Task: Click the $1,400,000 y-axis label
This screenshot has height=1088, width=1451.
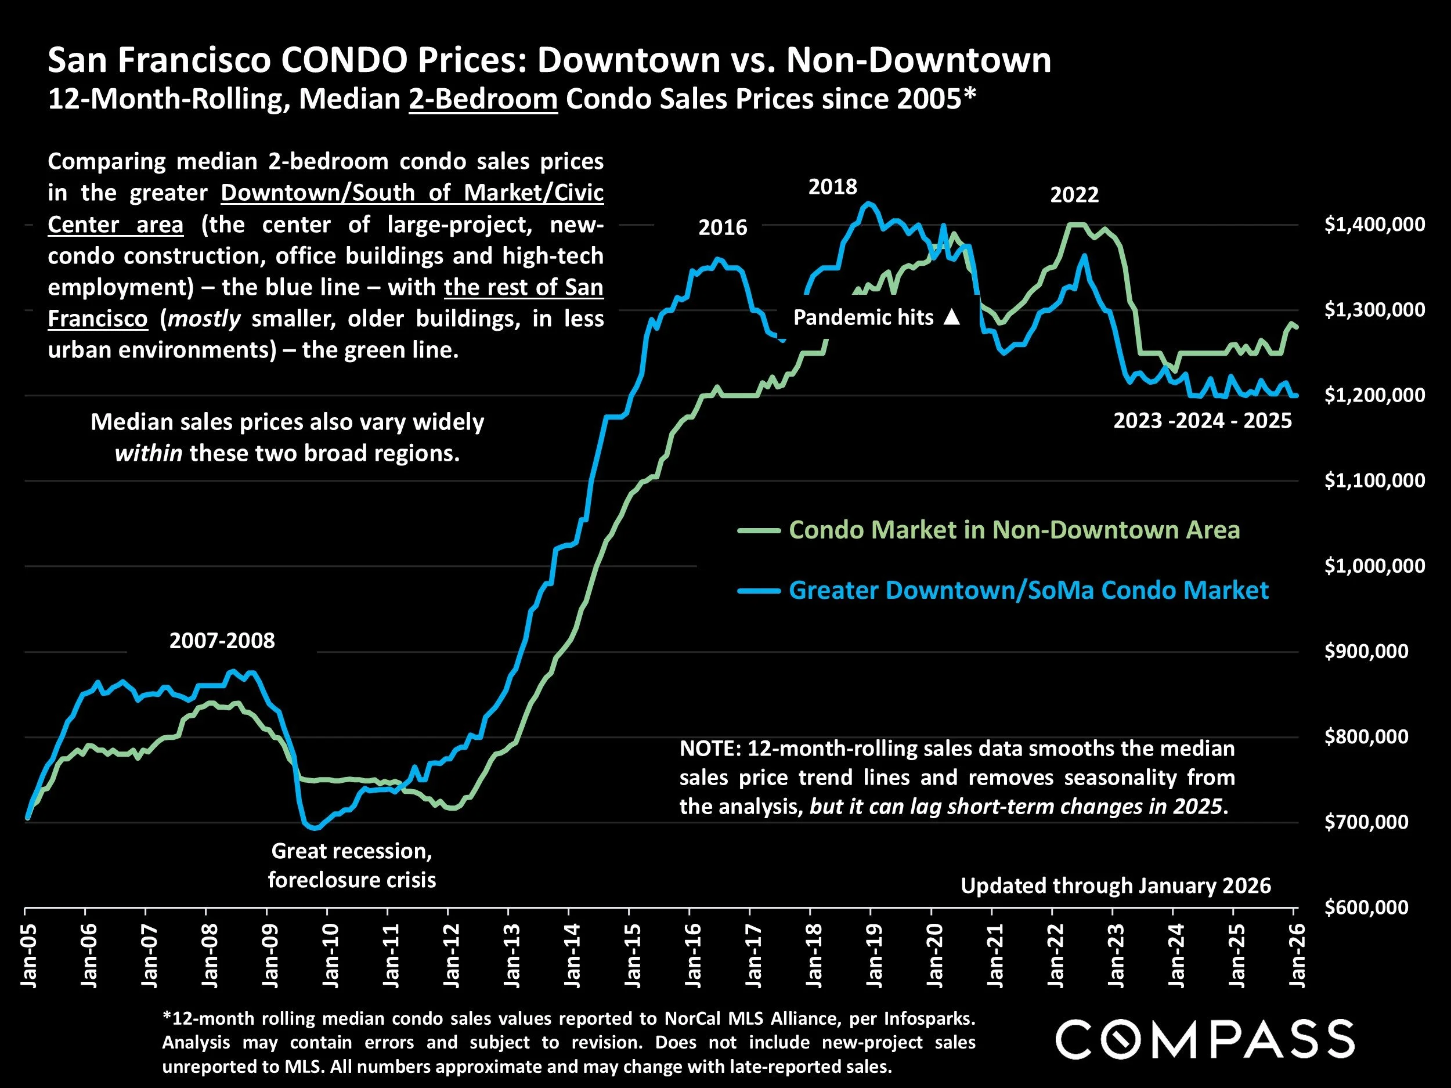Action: pyautogui.click(x=1374, y=225)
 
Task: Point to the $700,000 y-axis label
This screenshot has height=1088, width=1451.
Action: pyautogui.click(x=1366, y=822)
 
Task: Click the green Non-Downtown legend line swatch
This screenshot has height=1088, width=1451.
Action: pyautogui.click(x=759, y=530)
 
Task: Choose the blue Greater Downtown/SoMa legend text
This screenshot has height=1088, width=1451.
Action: pyautogui.click(x=1028, y=590)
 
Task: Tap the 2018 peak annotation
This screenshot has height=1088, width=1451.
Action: pyautogui.click(x=832, y=187)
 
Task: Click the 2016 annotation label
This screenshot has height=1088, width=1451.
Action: pyautogui.click(x=722, y=227)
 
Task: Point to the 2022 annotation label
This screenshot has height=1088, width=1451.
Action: pyautogui.click(x=1074, y=195)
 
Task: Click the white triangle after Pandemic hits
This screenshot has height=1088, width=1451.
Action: pyautogui.click(x=952, y=318)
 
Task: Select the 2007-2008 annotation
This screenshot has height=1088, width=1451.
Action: pyautogui.click(x=222, y=641)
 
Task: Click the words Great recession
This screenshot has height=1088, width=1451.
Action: pyautogui.click(x=351, y=851)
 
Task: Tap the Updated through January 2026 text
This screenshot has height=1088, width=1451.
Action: pyautogui.click(x=1115, y=886)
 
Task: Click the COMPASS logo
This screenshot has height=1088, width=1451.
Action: pyautogui.click(x=1204, y=1039)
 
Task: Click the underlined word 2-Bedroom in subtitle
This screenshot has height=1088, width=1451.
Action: pyautogui.click(x=483, y=100)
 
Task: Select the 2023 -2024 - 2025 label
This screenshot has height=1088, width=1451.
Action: pyautogui.click(x=1203, y=420)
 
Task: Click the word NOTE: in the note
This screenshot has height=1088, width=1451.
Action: pyautogui.click(x=710, y=749)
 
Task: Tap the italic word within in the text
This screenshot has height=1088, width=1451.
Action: pyautogui.click(x=148, y=454)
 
